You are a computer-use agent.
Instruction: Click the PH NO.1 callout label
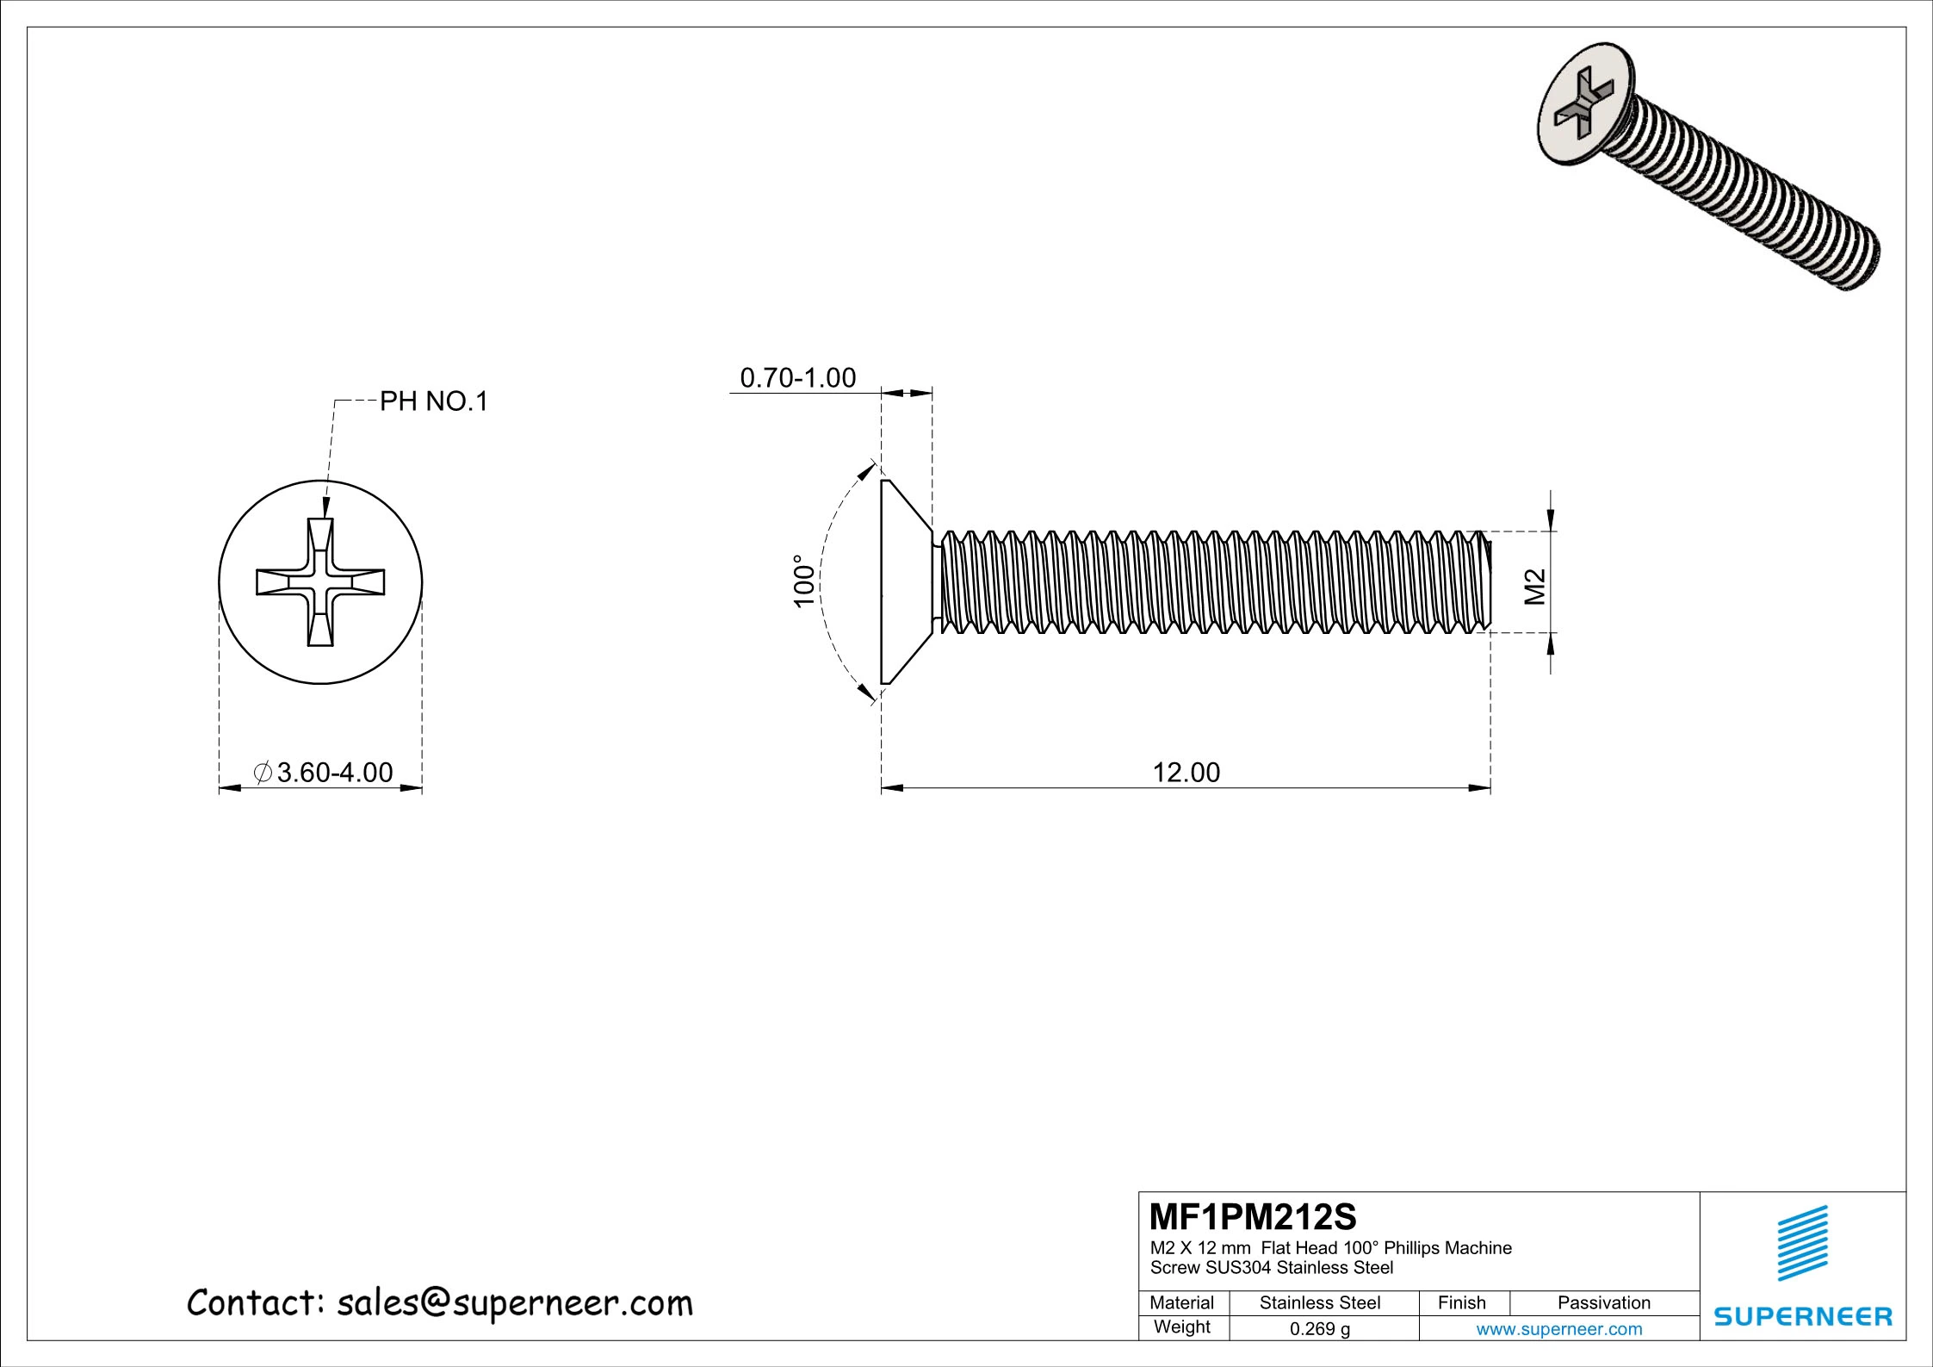[x=434, y=401]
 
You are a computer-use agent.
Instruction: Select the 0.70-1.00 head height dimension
[x=798, y=378]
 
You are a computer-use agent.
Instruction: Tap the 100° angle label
[x=804, y=581]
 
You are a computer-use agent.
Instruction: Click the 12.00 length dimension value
[x=1186, y=773]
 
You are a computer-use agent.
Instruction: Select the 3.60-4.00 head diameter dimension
[x=325, y=773]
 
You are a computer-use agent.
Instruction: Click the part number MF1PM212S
[x=1253, y=1217]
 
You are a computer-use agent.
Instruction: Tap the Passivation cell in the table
[x=1603, y=1303]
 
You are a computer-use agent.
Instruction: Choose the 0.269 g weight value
[x=1319, y=1329]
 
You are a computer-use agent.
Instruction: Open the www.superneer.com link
[x=1558, y=1329]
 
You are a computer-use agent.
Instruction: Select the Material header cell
[x=1181, y=1303]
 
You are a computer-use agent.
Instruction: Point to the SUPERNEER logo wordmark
[x=1803, y=1316]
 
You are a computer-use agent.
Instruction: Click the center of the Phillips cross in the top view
[x=320, y=582]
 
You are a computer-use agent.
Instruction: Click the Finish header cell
[x=1461, y=1303]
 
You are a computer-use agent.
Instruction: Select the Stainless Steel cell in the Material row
[x=1319, y=1303]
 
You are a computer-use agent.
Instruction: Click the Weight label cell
[x=1181, y=1327]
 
